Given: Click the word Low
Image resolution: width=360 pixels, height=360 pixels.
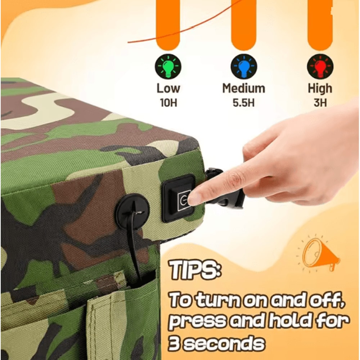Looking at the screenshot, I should coord(168,88).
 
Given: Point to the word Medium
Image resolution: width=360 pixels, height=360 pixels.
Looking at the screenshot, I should coord(244,88).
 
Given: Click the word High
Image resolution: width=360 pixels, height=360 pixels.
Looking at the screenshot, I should coord(320,88).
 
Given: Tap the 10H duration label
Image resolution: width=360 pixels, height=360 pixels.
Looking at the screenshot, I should coord(168,103).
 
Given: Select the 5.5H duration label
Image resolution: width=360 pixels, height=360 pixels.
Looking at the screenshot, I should coord(244,103).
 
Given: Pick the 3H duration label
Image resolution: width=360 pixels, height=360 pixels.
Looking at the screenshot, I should coord(320,103).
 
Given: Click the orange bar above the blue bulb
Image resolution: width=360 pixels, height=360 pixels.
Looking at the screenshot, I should coord(244,22).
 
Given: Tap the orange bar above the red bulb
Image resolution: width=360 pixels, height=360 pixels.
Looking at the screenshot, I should coord(320,22).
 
